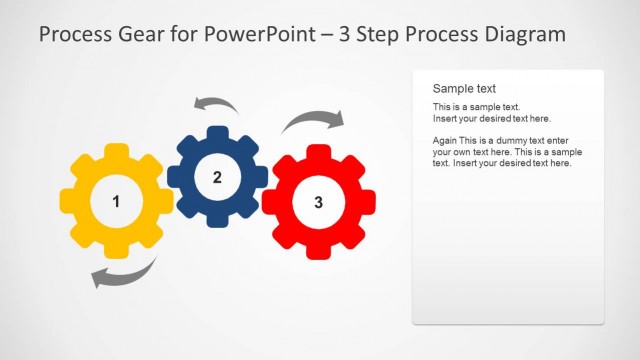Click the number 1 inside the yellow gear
click(x=116, y=202)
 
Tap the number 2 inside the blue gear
click(x=217, y=177)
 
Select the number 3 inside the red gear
click(x=318, y=203)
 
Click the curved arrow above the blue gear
click(x=215, y=104)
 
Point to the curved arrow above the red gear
click(x=311, y=122)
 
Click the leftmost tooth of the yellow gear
click(x=67, y=202)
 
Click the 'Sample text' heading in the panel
click(x=464, y=88)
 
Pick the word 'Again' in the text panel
click(x=446, y=141)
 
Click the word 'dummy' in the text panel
click(x=510, y=141)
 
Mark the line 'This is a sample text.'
click(x=476, y=106)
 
